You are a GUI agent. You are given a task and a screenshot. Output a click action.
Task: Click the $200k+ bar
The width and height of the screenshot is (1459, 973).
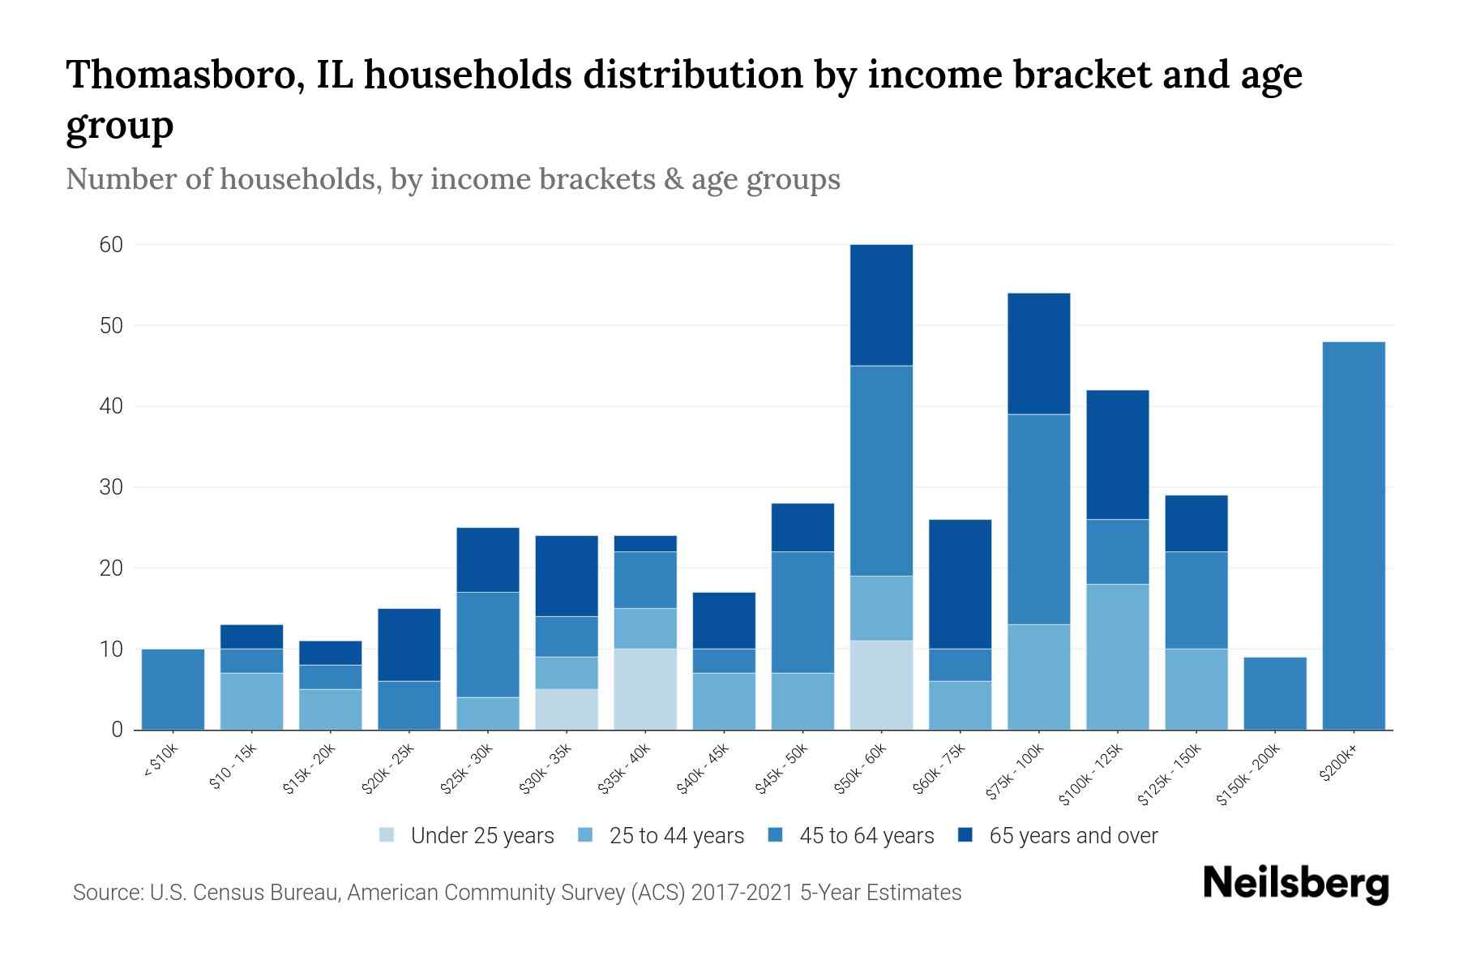click(x=1354, y=535)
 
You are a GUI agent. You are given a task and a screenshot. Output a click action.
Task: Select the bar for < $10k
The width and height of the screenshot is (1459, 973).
click(x=173, y=689)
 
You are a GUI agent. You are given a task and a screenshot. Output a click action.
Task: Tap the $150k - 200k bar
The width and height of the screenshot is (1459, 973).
click(x=1275, y=693)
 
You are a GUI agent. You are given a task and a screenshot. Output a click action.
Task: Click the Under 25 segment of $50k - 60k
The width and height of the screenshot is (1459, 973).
click(x=882, y=685)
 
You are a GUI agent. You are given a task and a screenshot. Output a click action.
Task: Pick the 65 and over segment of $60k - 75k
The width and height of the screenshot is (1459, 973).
click(x=961, y=584)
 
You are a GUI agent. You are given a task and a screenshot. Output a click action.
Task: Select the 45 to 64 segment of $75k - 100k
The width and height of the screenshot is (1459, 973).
click(x=1039, y=519)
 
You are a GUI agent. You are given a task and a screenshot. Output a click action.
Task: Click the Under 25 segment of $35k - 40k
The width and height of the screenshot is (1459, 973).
click(x=645, y=689)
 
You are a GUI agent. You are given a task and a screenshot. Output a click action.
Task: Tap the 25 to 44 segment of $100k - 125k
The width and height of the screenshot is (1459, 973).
click(x=1118, y=657)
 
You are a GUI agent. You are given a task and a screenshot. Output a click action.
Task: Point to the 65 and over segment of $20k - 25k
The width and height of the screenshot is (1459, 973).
click(x=409, y=645)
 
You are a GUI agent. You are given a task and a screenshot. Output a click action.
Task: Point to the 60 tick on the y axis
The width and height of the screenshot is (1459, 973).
click(x=111, y=245)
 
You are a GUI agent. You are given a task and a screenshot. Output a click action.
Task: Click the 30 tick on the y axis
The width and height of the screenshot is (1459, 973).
click(x=111, y=487)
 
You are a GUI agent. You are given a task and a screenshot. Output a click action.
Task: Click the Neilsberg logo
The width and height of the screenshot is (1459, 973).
click(x=1295, y=884)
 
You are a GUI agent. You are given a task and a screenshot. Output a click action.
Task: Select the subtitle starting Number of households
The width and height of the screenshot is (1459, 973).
click(x=452, y=179)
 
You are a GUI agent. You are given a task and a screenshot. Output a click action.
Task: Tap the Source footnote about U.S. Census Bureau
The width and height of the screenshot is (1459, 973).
click(x=517, y=893)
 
